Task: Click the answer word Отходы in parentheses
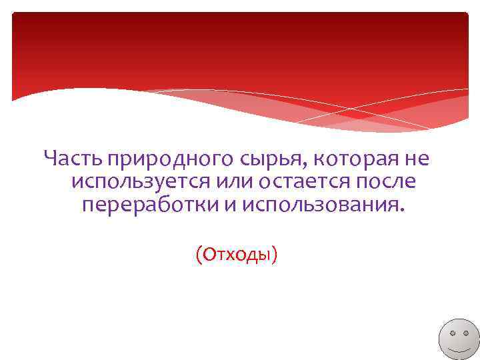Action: [237, 253]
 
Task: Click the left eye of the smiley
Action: [451, 332]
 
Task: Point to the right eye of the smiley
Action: [465, 332]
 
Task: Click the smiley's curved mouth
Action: [458, 349]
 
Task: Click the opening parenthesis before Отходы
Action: [198, 254]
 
